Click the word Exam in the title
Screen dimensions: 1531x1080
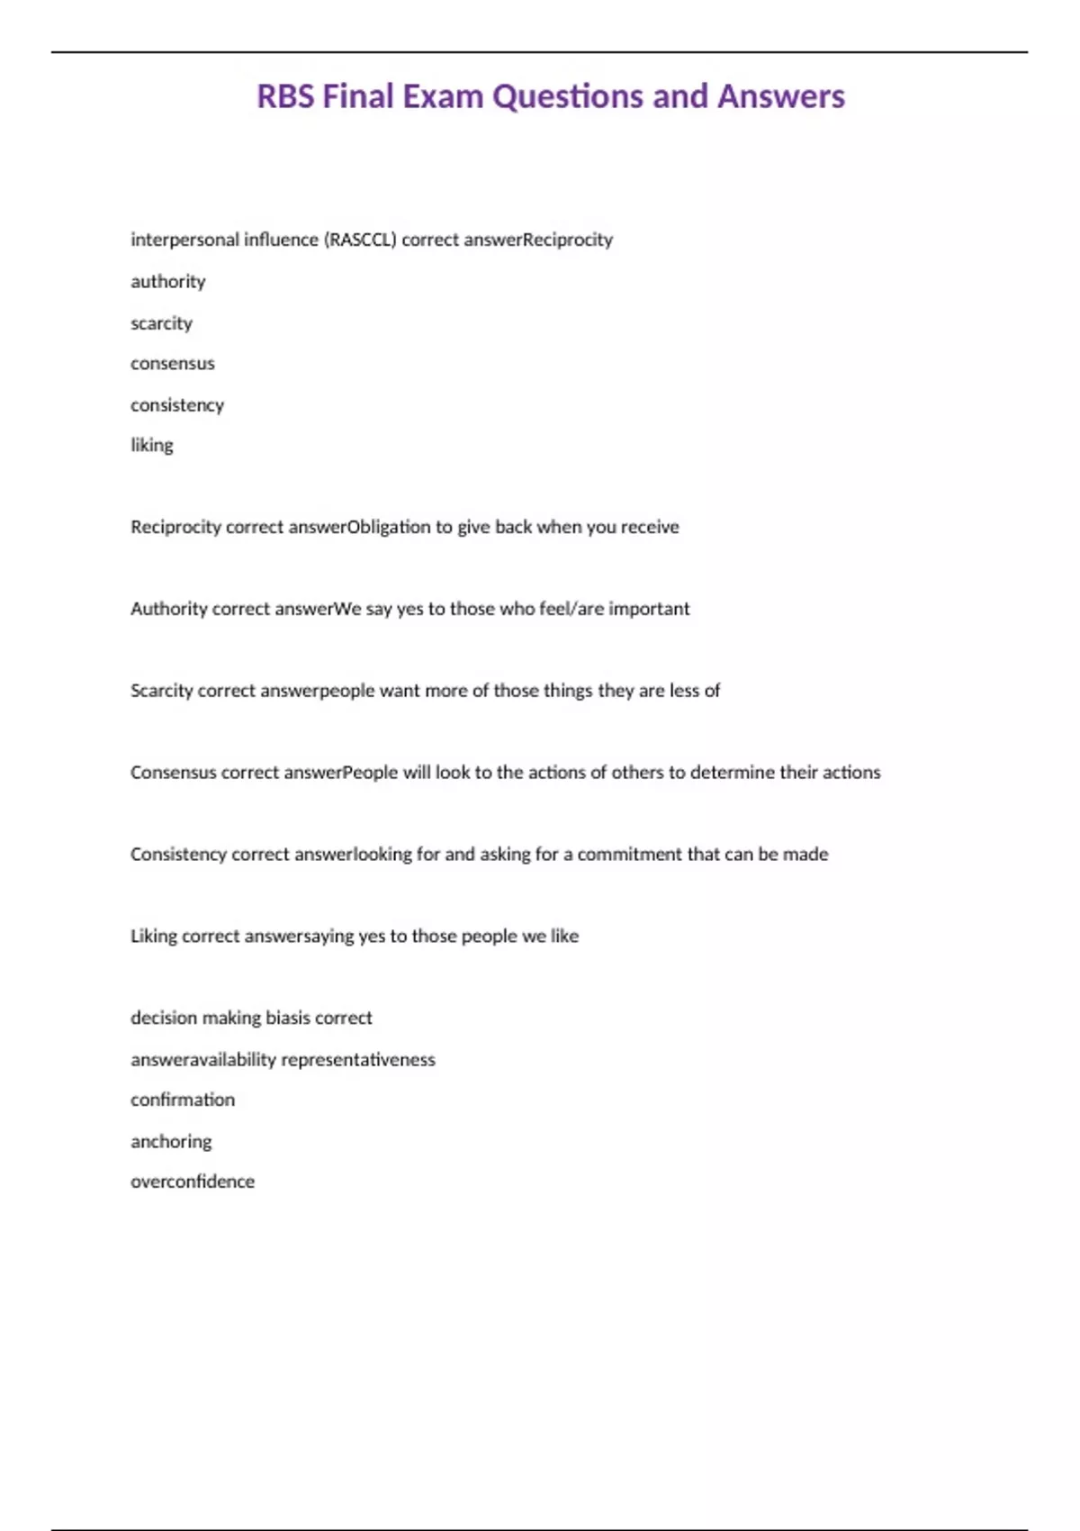(443, 96)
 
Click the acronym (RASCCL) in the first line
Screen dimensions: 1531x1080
(360, 240)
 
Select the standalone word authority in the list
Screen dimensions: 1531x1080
(168, 282)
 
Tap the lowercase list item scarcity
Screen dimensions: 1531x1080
(162, 323)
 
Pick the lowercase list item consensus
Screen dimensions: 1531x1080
(173, 364)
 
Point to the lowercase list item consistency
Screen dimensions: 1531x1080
(177, 405)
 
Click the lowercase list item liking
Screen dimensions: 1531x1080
(152, 445)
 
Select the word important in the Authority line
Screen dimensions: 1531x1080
(649, 609)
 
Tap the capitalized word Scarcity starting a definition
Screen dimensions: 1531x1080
(161, 691)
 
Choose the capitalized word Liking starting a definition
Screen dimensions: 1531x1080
(154, 937)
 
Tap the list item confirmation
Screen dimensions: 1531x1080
(183, 1100)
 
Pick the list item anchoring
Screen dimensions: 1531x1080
(171, 1142)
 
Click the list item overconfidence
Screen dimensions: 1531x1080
(193, 1182)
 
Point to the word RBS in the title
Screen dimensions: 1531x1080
(285, 96)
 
